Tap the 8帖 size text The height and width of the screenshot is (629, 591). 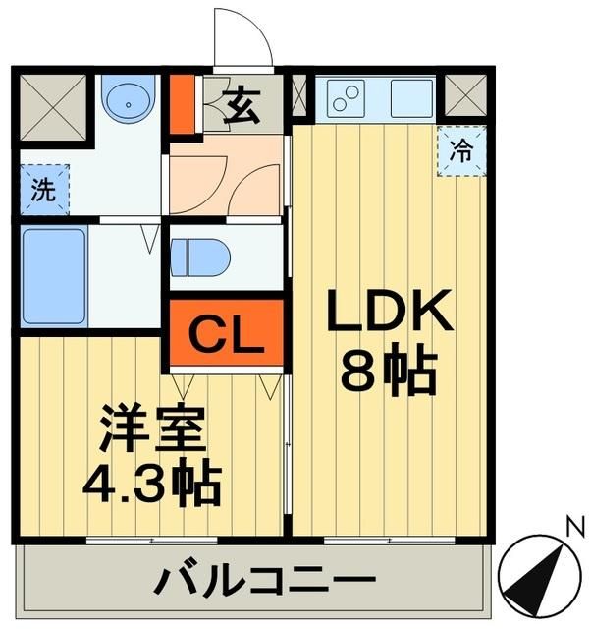pos(389,371)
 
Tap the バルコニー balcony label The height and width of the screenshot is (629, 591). pos(250,580)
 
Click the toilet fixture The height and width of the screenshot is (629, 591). pos(200,257)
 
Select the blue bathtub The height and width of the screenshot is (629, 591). pos(53,276)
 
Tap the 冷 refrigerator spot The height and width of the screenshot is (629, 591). pos(459,151)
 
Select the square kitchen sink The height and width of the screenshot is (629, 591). pos(410,97)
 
